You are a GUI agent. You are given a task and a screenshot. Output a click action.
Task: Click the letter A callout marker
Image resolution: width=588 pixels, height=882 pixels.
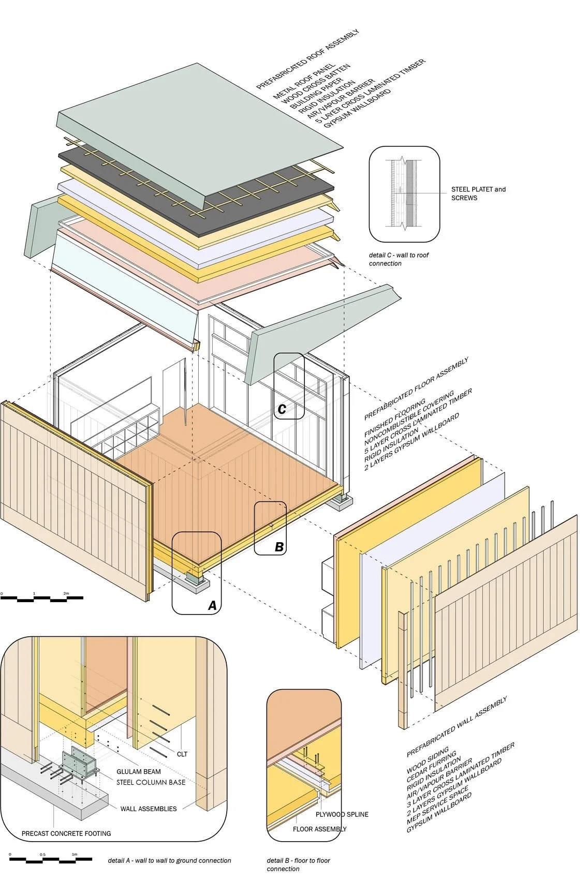click(x=212, y=605)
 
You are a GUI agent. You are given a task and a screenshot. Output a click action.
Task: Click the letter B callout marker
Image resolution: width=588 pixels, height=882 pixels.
click(x=279, y=546)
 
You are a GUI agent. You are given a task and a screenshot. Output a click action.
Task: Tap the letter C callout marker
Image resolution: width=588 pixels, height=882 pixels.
click(x=282, y=409)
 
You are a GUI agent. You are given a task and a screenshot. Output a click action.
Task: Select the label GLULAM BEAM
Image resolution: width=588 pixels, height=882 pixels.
click(x=139, y=771)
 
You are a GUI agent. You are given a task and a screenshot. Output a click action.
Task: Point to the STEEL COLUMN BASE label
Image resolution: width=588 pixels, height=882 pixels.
click(x=151, y=782)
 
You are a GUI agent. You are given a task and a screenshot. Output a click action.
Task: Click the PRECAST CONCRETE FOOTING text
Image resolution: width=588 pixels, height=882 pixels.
click(x=66, y=833)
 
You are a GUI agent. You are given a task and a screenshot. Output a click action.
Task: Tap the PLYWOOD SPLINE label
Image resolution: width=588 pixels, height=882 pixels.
click(x=342, y=814)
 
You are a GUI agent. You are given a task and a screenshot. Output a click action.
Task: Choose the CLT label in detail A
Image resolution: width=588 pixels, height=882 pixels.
click(x=182, y=754)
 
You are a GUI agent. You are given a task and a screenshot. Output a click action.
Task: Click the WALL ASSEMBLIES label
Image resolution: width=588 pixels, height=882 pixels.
click(x=149, y=809)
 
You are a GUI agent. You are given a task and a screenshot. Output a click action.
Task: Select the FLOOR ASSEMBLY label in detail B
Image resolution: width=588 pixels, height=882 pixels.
click(x=320, y=829)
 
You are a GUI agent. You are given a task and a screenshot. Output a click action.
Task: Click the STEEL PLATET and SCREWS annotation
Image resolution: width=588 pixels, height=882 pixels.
click(x=478, y=193)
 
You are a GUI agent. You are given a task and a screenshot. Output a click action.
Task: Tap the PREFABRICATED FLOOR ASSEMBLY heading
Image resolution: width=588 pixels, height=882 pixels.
click(x=416, y=388)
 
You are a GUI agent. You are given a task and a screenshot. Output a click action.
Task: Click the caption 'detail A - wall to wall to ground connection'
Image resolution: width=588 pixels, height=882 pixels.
click(x=169, y=861)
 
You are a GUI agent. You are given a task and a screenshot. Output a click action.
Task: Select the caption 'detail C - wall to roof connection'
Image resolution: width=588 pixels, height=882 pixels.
click(x=399, y=259)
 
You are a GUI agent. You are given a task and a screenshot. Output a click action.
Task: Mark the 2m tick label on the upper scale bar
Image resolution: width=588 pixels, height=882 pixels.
click(x=66, y=593)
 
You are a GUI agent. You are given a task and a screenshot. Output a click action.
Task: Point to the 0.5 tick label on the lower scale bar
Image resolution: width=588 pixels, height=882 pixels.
click(x=42, y=854)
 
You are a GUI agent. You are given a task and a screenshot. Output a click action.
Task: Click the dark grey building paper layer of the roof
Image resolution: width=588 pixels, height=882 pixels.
click(x=155, y=173)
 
